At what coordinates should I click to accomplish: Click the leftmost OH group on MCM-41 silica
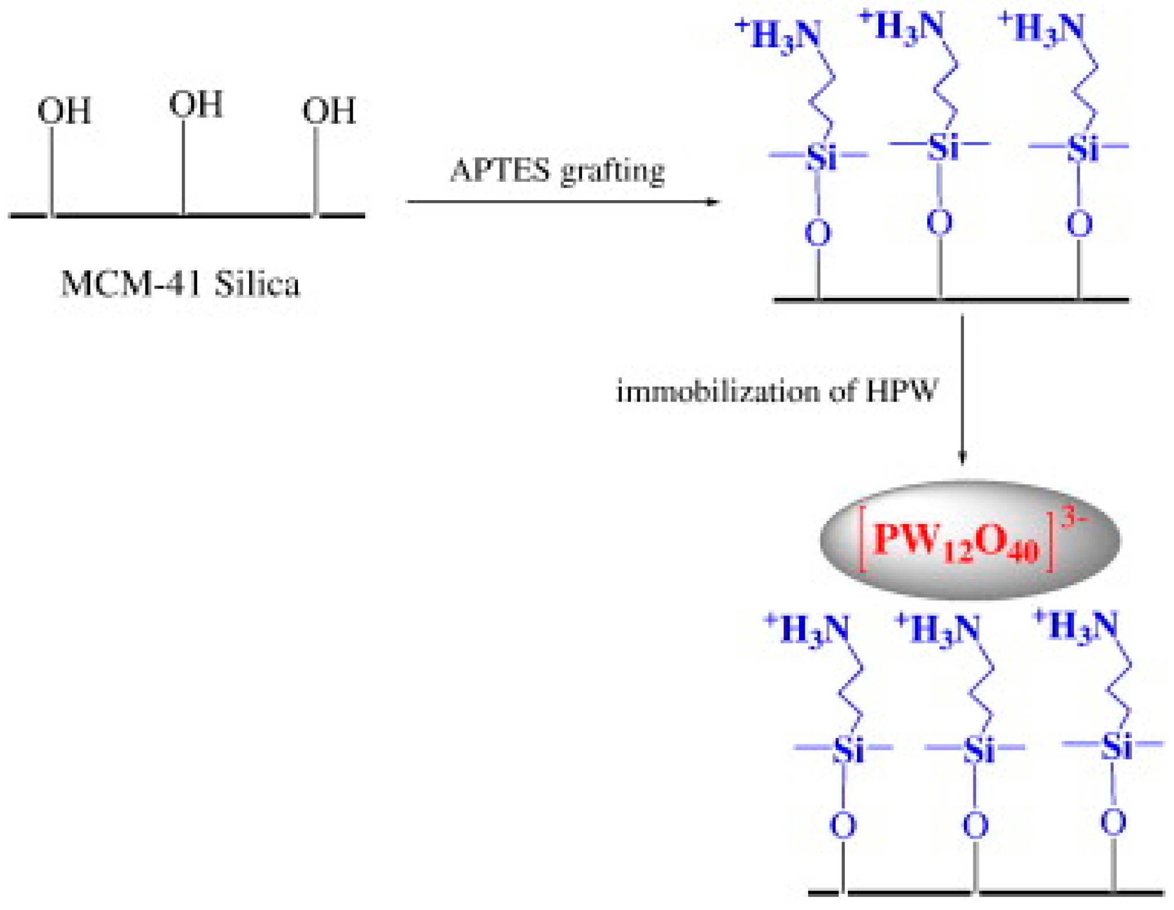64,111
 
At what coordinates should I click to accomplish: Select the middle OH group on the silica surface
196,105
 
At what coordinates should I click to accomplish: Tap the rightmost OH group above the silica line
328,111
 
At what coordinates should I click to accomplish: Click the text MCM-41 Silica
180,284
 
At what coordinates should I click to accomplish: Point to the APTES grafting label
557,171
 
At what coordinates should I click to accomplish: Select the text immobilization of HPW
777,392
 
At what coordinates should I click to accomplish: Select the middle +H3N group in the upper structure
902,28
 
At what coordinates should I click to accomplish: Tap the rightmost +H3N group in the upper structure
1042,29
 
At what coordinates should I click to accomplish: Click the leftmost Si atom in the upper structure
821,156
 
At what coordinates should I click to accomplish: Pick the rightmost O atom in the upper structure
1079,224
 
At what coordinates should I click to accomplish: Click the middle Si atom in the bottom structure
978,750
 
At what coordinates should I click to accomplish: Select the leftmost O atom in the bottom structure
843,825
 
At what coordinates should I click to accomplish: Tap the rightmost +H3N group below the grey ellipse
1076,625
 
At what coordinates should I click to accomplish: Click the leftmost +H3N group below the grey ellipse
807,629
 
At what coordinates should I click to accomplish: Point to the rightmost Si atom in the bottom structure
1116,747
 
